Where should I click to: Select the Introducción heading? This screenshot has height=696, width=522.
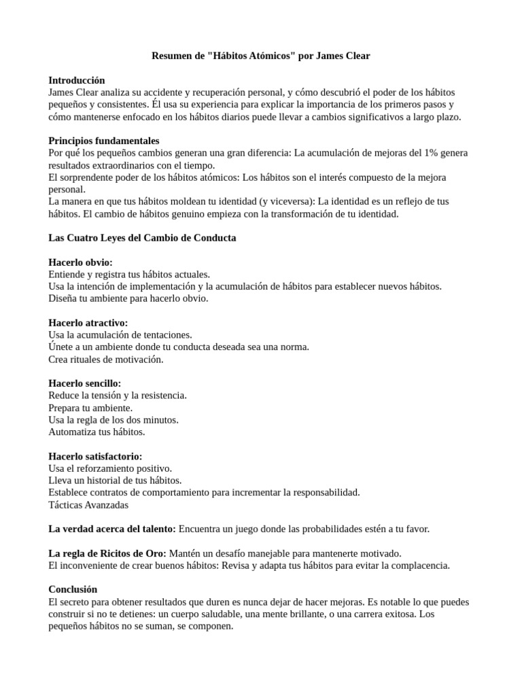tap(77, 80)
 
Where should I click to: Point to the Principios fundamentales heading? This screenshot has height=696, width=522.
tap(104, 140)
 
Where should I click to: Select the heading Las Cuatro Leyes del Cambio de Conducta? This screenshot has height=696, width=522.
tap(143, 238)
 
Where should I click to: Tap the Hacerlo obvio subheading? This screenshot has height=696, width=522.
tap(81, 262)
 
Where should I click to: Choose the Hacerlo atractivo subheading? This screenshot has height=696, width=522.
tap(88, 322)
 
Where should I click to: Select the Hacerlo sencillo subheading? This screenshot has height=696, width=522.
tap(85, 383)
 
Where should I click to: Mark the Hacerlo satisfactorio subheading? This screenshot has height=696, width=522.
tap(96, 457)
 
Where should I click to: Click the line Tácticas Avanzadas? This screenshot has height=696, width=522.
tap(88, 504)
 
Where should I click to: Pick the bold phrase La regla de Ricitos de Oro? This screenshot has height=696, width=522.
tap(107, 553)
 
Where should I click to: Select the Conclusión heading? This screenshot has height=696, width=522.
tap(73, 590)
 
